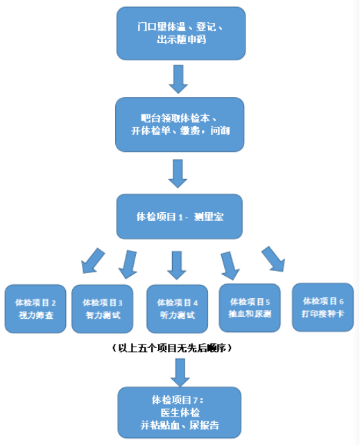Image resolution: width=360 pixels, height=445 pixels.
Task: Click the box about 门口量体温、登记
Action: click(180, 34)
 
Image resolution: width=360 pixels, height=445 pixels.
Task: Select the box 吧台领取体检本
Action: click(180, 123)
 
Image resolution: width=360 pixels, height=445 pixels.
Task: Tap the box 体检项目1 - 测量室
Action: click(180, 216)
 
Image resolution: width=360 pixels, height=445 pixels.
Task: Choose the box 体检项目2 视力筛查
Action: click(35, 308)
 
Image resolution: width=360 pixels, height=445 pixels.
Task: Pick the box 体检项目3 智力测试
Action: click(103, 308)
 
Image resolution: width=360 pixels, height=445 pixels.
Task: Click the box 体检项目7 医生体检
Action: click(180, 412)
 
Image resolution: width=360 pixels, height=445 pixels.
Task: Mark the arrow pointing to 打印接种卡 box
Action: click(273, 259)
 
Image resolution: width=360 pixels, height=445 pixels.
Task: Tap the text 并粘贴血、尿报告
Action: click(180, 425)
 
